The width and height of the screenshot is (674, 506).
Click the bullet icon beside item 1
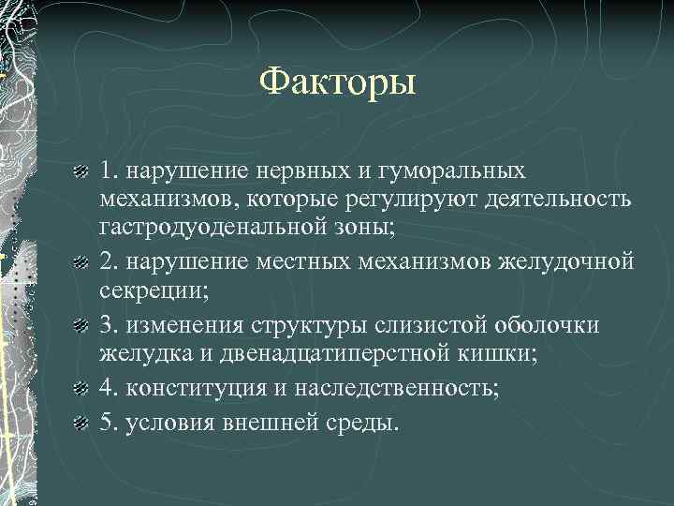click(81, 173)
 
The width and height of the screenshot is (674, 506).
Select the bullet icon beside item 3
click(81, 326)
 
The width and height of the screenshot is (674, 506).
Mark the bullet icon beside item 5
click(81, 423)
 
